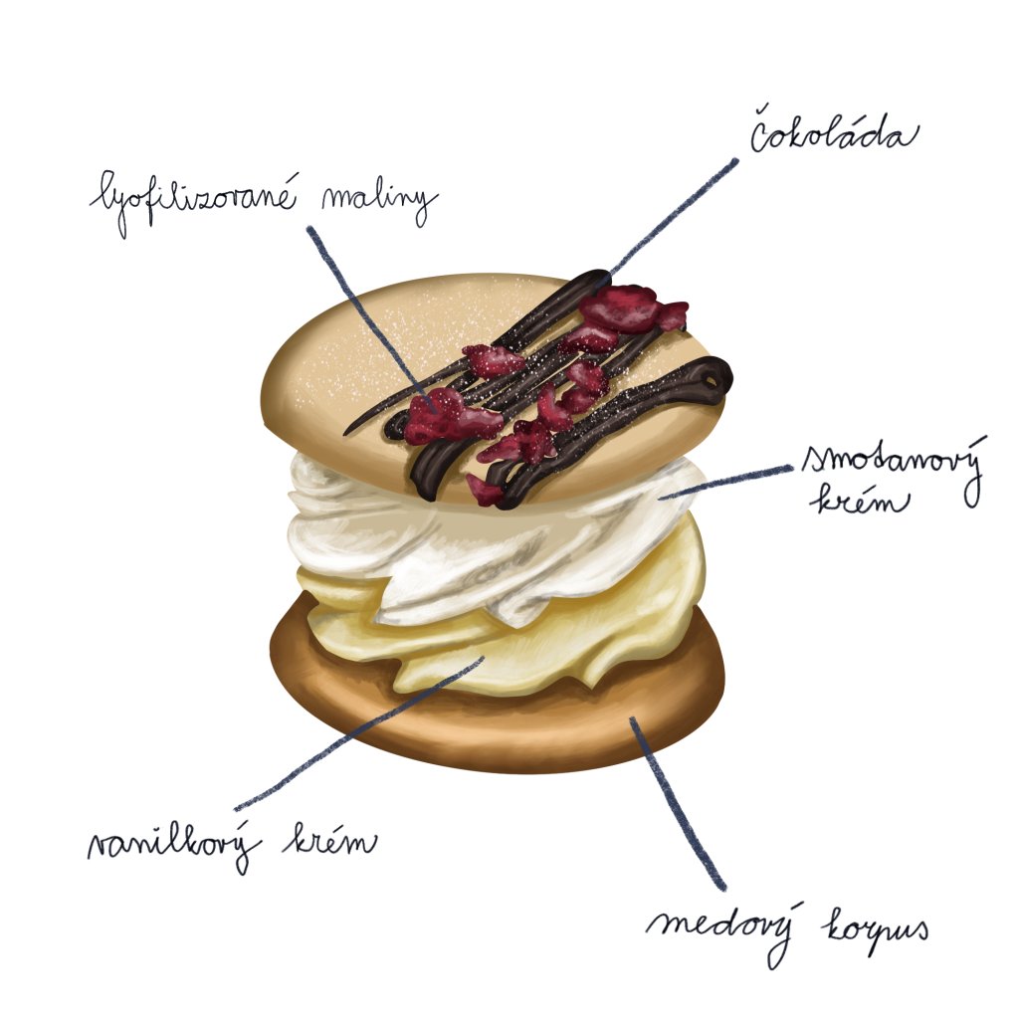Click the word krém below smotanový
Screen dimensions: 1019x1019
point(862,499)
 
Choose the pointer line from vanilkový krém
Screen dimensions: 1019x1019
point(358,732)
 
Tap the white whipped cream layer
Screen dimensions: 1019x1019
point(478,557)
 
